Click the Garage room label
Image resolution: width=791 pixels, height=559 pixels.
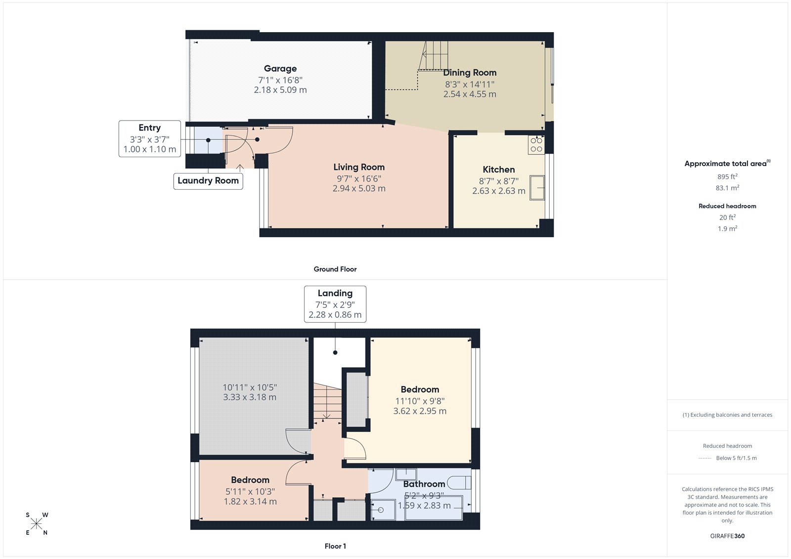[x=280, y=69]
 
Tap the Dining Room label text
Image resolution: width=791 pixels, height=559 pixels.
[x=470, y=73]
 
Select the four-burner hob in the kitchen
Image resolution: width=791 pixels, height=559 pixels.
[x=536, y=145]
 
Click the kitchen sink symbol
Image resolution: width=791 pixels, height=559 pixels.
[x=537, y=187]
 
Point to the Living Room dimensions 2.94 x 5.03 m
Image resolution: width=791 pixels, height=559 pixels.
[x=359, y=188]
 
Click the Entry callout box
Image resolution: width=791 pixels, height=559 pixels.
[x=149, y=138]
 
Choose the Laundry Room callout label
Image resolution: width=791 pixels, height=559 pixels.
[x=208, y=181]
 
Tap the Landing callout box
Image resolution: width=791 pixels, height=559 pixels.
[x=335, y=304]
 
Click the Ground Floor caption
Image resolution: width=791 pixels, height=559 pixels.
[x=335, y=269]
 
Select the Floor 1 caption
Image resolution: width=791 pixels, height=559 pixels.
[x=335, y=546]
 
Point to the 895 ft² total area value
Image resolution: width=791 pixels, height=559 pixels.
[x=727, y=176]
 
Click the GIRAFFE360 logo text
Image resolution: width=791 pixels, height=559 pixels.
[x=727, y=536]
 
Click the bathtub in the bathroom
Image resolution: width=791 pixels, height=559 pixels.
[x=434, y=508]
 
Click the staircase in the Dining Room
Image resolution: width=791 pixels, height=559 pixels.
[x=435, y=55]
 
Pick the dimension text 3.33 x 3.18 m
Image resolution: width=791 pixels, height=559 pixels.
[x=250, y=397]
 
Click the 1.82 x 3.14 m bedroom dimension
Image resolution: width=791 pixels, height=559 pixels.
[x=250, y=501]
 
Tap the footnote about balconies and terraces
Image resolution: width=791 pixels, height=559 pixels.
[x=727, y=415]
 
